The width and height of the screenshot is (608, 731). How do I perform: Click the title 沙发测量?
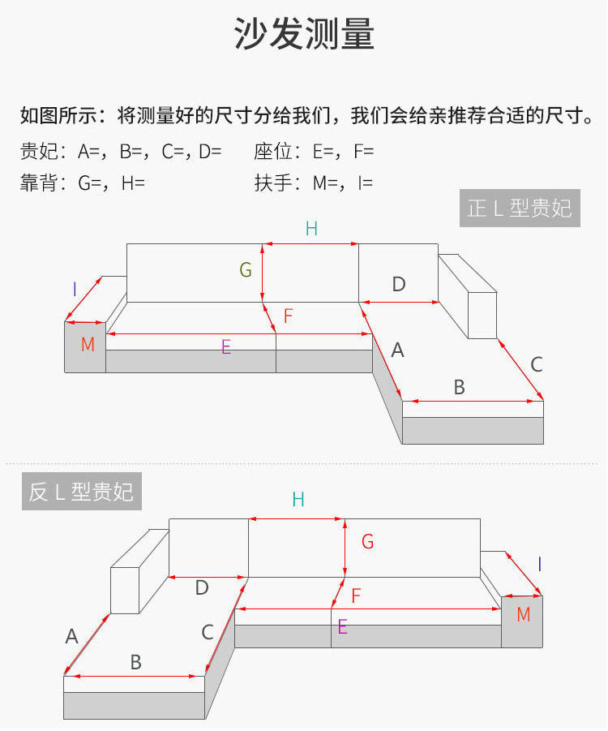point(304,33)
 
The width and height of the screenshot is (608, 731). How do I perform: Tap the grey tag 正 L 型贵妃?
point(520,209)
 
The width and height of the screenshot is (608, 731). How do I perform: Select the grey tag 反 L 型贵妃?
point(82,492)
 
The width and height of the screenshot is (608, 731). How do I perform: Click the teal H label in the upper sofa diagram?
point(311,229)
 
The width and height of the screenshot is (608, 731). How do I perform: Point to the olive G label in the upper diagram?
point(246,270)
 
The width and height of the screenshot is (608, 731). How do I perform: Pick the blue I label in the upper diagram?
point(75,290)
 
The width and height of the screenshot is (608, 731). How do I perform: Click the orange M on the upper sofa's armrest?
point(88,345)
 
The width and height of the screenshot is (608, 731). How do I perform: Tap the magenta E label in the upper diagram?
point(226,347)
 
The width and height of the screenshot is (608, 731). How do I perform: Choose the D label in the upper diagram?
point(399,284)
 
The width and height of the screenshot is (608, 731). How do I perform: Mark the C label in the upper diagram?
point(537,364)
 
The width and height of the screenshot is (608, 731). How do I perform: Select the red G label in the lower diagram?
point(367,542)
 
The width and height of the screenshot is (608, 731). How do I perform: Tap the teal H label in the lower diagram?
point(298,500)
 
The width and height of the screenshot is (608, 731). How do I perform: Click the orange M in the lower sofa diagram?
point(524,614)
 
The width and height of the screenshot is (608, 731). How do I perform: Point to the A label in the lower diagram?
point(72,636)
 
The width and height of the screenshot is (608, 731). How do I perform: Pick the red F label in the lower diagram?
point(357,596)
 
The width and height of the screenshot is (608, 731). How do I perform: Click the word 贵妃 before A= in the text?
point(39,152)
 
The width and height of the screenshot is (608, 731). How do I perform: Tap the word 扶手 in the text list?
point(273,183)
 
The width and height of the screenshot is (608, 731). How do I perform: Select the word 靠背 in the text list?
point(39,183)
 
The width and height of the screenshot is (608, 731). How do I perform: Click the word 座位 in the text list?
point(273,152)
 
